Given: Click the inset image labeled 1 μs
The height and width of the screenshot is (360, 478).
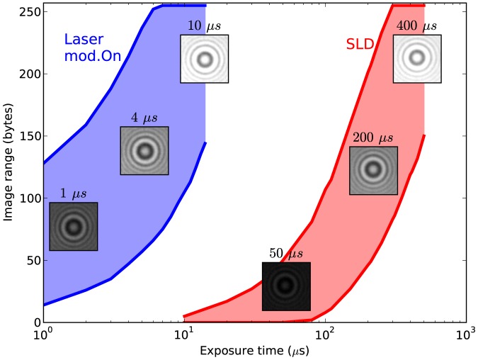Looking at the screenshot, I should click(x=73, y=226).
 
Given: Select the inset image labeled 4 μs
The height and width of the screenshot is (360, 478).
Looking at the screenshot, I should click(x=144, y=150).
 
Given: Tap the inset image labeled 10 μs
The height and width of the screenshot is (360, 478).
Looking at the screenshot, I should click(x=204, y=59).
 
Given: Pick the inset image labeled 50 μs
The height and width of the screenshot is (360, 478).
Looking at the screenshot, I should click(x=286, y=286).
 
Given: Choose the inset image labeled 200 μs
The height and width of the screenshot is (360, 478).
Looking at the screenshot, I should click(x=373, y=170).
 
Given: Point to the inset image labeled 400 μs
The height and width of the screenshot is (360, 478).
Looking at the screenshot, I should click(x=417, y=59).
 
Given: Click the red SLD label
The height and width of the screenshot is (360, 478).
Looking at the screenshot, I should click(x=359, y=45).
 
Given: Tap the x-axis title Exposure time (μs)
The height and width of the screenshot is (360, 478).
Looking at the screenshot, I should click(x=255, y=350).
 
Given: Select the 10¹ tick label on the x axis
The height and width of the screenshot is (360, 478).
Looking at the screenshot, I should click(x=184, y=333).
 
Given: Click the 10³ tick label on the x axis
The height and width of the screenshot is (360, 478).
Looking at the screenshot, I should click(x=465, y=333).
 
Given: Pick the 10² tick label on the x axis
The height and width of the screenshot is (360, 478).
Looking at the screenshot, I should click(x=325, y=333).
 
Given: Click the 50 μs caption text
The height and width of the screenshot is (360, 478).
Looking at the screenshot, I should click(x=286, y=254).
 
